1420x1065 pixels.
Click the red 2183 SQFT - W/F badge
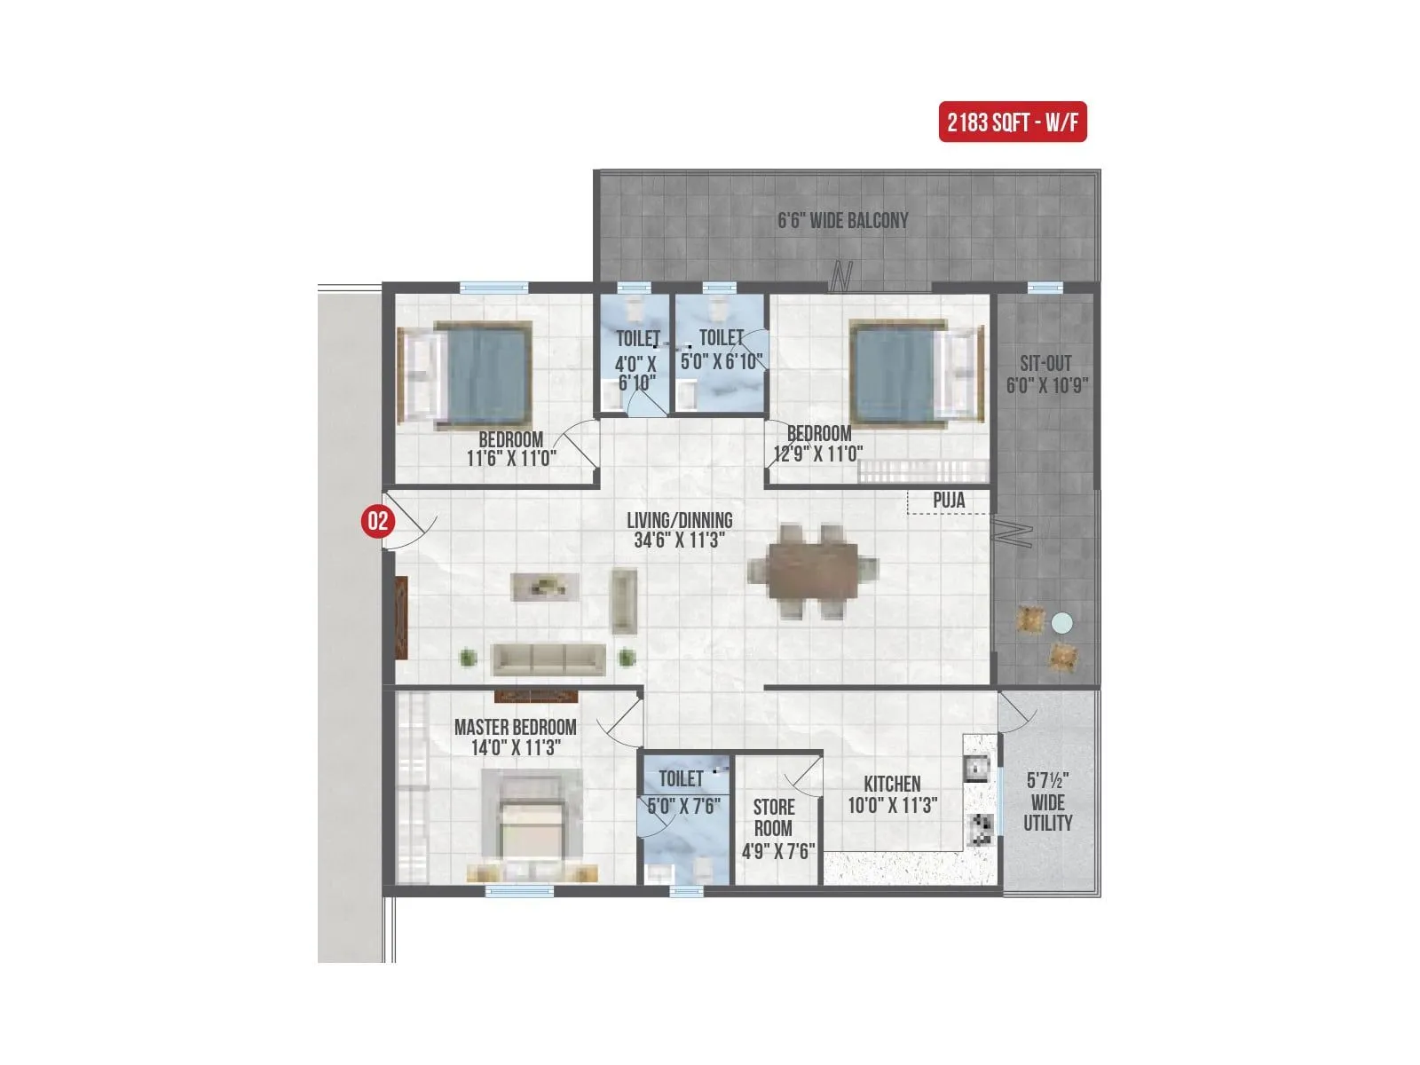point(1012,122)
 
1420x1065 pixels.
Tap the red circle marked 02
point(377,520)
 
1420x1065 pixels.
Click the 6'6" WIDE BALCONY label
point(842,220)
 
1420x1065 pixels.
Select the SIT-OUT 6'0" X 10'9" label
point(1046,374)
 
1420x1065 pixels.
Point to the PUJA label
point(948,501)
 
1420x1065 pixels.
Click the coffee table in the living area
point(546,586)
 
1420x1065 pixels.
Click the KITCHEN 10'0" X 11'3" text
point(892,794)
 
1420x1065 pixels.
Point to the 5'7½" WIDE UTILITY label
point(1047,801)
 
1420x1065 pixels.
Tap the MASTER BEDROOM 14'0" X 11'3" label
point(515,737)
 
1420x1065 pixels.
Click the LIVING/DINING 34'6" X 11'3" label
point(680,530)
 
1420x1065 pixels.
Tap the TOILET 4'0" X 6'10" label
point(636,360)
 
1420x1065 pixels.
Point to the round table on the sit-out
point(1061,623)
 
